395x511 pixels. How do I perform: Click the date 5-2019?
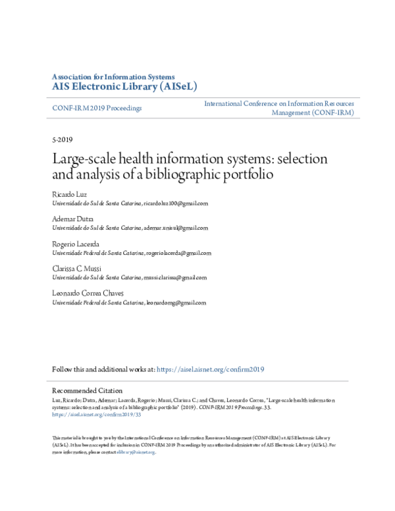point(62,140)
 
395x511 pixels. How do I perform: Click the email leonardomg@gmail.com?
point(176,304)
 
